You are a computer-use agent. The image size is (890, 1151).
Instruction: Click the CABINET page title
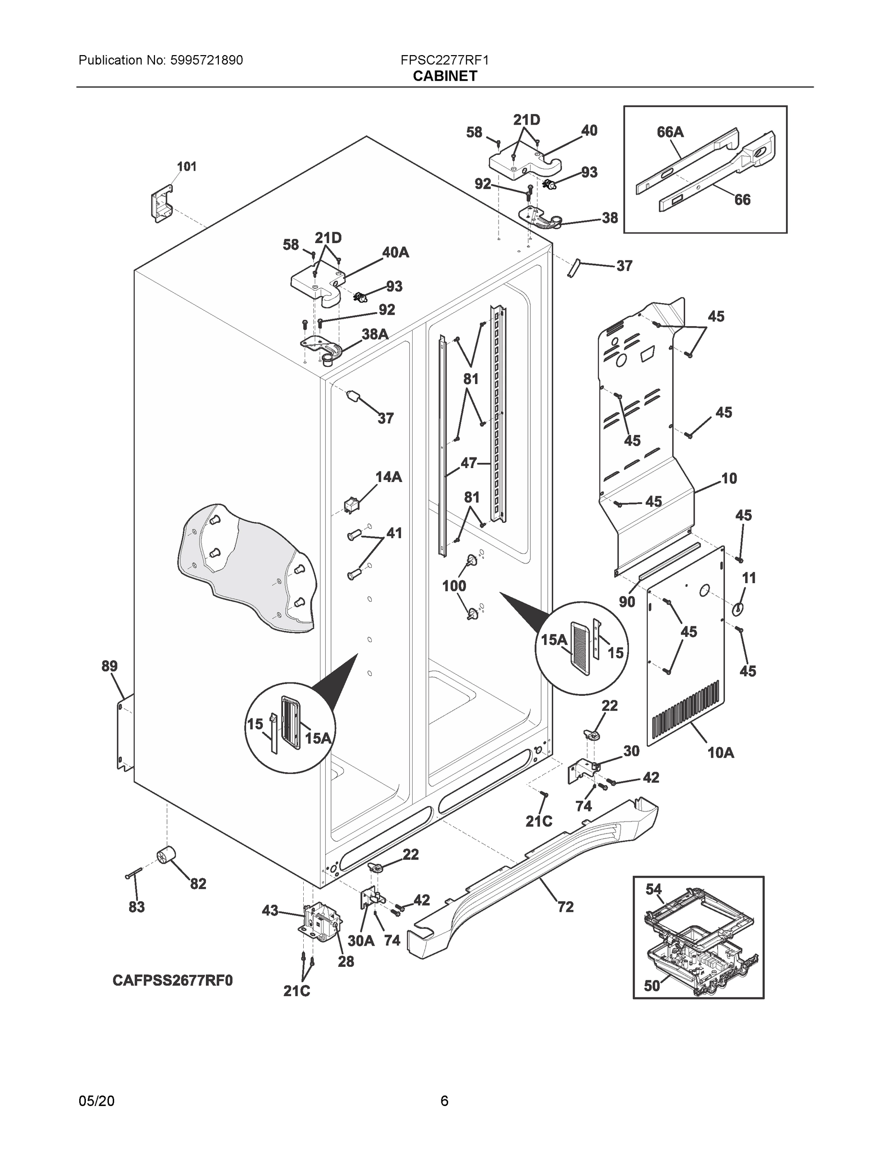[x=444, y=76]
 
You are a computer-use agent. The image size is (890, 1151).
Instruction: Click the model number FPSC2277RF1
[x=444, y=60]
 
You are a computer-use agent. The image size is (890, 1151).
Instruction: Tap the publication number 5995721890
[x=207, y=60]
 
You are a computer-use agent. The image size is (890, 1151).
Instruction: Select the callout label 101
[x=186, y=166]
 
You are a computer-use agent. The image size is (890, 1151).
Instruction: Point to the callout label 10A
[x=720, y=752]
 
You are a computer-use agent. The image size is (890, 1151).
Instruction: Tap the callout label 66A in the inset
[x=670, y=132]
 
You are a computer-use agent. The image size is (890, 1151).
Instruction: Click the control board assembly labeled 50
[x=701, y=962]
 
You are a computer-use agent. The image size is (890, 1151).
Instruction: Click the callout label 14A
[x=388, y=477]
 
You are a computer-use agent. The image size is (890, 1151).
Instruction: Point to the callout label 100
[x=454, y=586]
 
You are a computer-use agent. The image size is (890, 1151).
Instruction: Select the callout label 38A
[x=375, y=334]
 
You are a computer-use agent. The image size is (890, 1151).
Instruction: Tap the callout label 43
[x=270, y=910]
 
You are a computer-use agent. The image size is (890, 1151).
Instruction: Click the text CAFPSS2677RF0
[x=172, y=980]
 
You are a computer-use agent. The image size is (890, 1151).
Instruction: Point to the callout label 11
[x=748, y=577]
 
